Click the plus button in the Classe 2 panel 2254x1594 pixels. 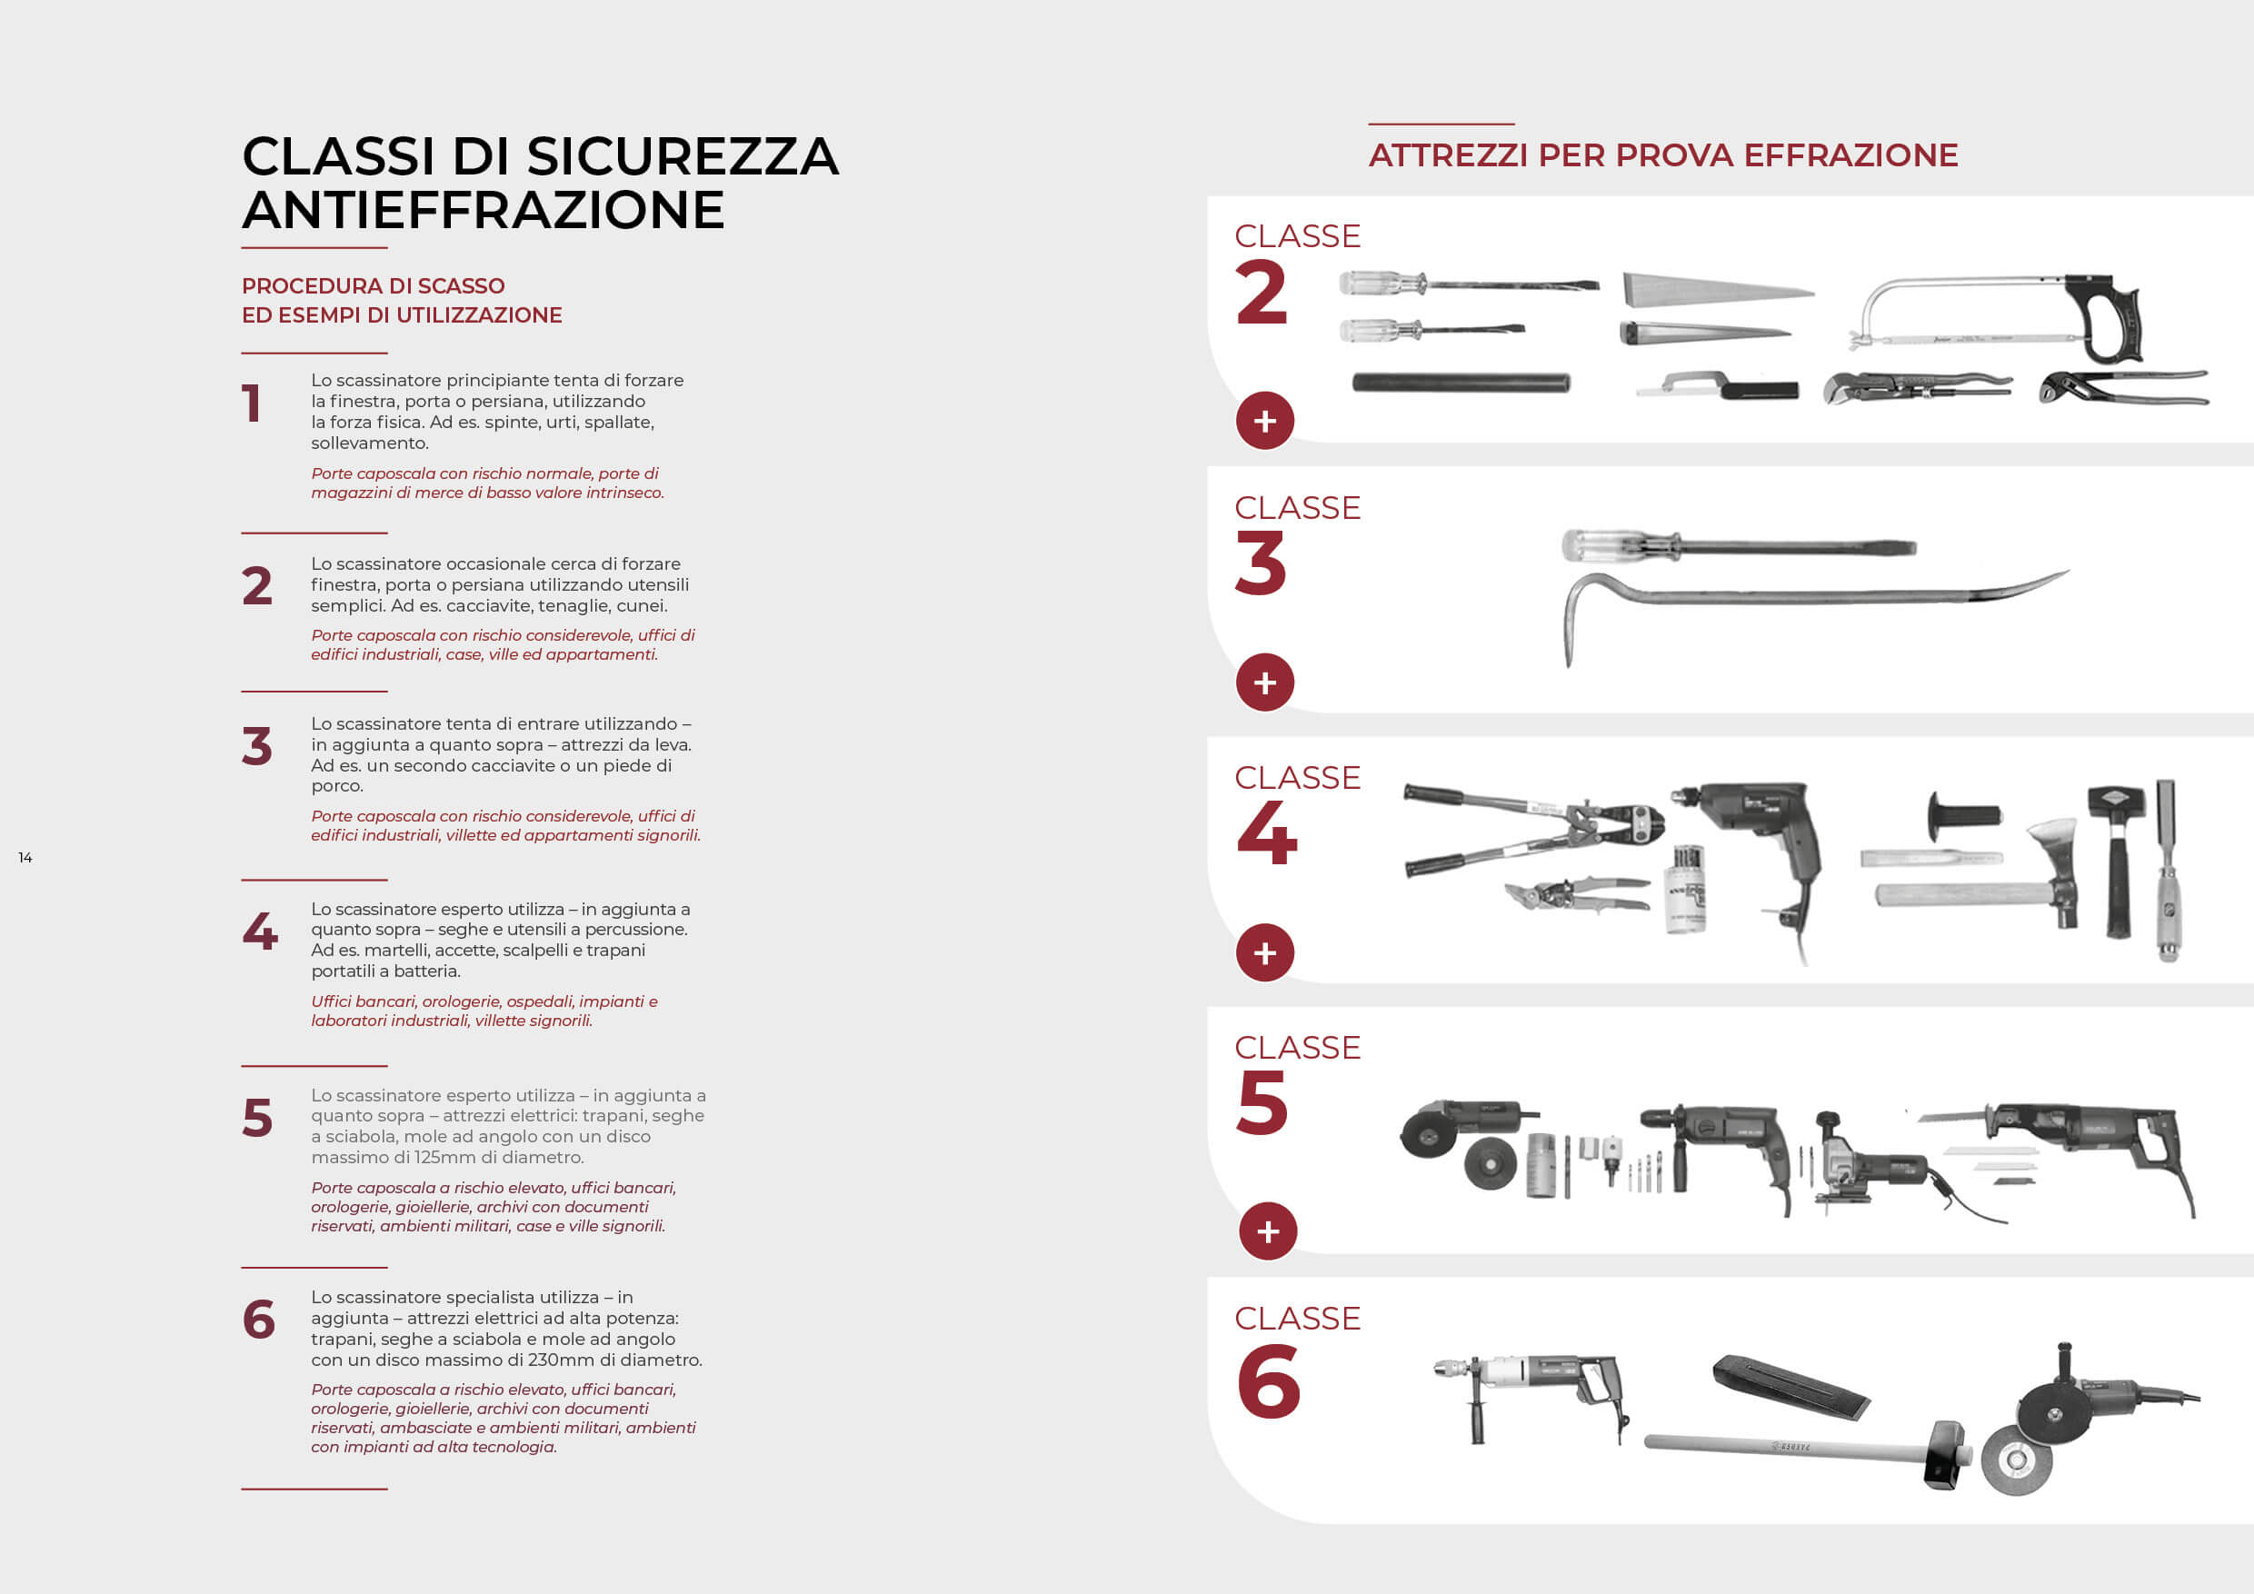1264,421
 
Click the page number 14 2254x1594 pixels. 25,858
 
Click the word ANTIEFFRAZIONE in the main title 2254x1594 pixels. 483,210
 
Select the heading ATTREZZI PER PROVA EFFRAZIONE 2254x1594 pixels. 1663,155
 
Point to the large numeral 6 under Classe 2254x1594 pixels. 1269,1382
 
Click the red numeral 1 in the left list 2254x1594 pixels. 253,403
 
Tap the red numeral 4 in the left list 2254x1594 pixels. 260,931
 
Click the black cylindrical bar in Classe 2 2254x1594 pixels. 1461,383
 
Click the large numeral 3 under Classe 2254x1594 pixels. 1261,563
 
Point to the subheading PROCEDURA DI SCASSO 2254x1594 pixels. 373,285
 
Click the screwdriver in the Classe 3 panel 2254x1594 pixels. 1739,546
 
